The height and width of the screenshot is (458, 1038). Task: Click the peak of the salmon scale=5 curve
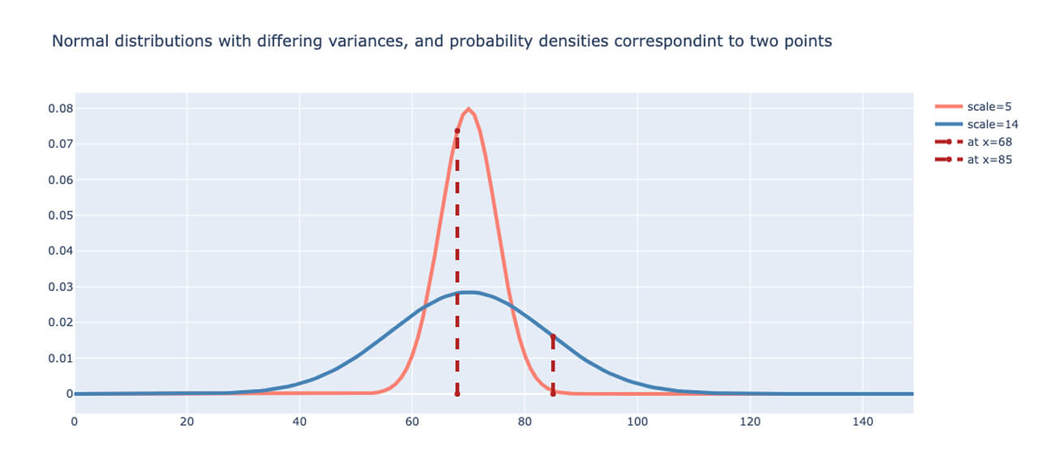tap(469, 109)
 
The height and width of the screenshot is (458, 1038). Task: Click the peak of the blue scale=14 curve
tap(469, 292)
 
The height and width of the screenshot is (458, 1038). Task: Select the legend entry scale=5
tap(989, 107)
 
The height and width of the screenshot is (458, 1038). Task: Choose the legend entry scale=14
tap(992, 125)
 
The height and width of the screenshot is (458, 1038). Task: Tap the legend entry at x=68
tap(989, 142)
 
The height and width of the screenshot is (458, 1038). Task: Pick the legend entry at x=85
tap(989, 160)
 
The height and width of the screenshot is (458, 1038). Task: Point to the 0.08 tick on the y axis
tap(59, 109)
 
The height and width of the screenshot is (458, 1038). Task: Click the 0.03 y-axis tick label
tap(59, 287)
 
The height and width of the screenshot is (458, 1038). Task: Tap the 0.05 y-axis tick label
tap(59, 216)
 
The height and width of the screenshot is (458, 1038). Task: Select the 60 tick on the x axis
tap(412, 422)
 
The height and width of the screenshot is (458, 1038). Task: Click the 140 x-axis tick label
tap(863, 422)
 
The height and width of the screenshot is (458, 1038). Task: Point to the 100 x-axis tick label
tap(637, 422)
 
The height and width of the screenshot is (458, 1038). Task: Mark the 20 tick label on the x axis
tap(187, 422)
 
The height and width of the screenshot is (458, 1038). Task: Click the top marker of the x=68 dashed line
tap(457, 131)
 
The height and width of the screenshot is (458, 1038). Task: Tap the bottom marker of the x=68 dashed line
tap(457, 394)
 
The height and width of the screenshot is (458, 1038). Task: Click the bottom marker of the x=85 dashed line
tap(553, 394)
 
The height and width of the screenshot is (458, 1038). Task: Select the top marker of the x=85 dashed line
tap(553, 336)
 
